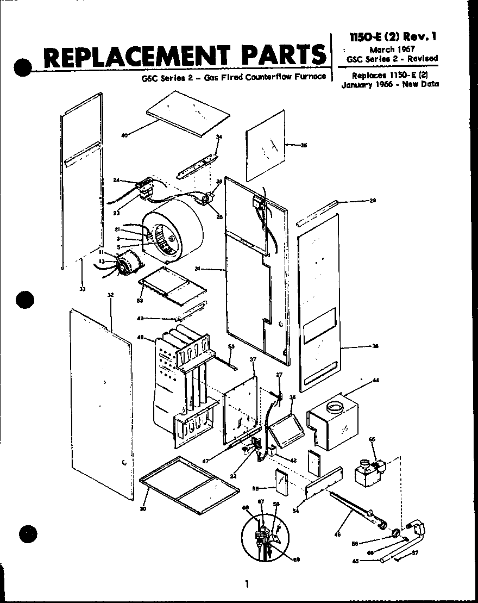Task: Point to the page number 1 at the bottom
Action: pyautogui.click(x=246, y=584)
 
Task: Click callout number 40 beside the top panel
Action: pyautogui.click(x=124, y=135)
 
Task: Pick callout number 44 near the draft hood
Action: pyautogui.click(x=375, y=381)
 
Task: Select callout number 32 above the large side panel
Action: pyautogui.click(x=110, y=295)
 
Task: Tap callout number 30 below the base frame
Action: pyautogui.click(x=143, y=509)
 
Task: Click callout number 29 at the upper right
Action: pyautogui.click(x=373, y=201)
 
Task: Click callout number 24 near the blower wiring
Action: pyautogui.click(x=116, y=180)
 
